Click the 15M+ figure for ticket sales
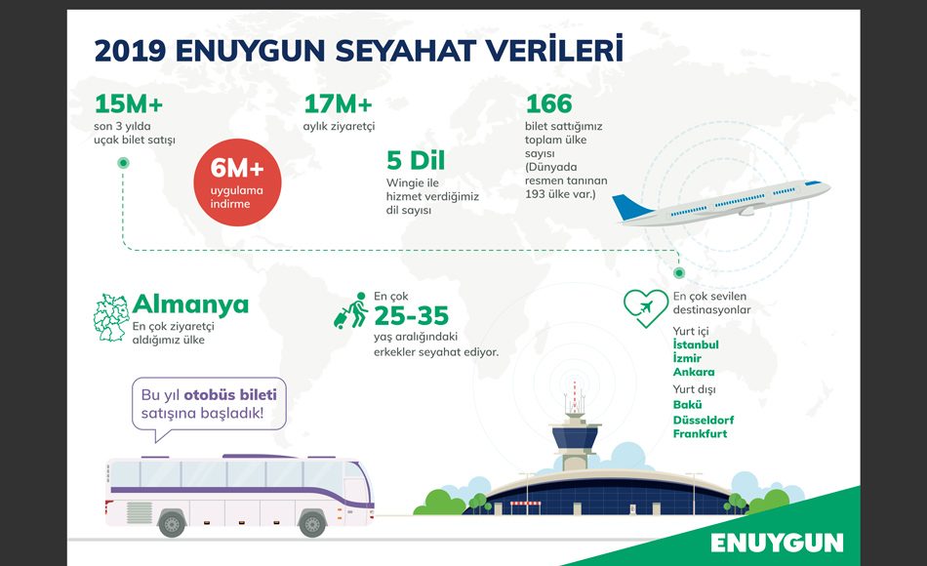pos(128,104)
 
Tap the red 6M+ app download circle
pos(237,182)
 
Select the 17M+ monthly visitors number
pos(338,104)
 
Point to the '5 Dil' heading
pos(416,160)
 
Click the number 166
pos(548,104)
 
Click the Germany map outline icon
pos(110,317)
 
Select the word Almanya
pos(190,305)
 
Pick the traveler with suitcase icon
pos(351,310)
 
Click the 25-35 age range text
pos(412,316)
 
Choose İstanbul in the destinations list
pos(696,344)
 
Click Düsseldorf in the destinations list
pos(703,420)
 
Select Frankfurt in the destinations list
pos(700,433)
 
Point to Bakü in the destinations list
pos(687,405)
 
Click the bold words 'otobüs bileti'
pos(230,394)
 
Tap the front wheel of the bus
pos(311,523)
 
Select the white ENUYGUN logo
pos(777,543)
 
